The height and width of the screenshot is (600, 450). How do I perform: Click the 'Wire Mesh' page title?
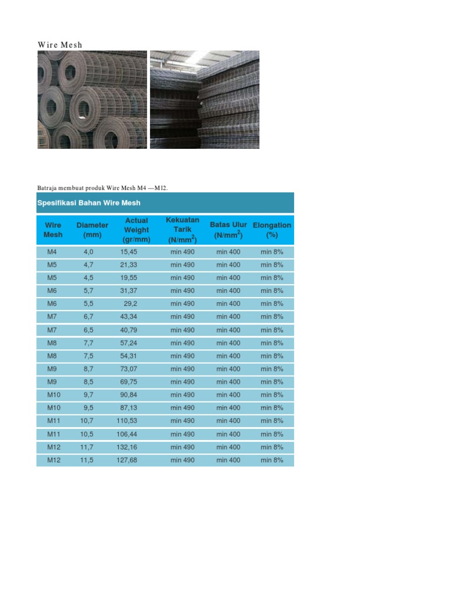(60, 45)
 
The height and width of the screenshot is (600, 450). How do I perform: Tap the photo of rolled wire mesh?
(92, 99)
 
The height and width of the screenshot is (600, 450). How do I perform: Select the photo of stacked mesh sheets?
(204, 99)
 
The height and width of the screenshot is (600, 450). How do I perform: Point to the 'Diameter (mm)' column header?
(92, 230)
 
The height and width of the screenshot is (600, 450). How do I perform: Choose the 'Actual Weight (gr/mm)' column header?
(137, 230)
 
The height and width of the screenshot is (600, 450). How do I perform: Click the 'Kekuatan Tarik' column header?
(182, 230)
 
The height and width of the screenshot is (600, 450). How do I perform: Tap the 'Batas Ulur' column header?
(229, 230)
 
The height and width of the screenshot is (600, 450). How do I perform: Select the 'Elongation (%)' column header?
(272, 230)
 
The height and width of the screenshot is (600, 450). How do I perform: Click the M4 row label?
(52, 252)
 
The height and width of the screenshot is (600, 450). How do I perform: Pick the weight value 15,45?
(128, 252)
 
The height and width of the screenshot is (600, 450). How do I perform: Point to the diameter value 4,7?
(88, 265)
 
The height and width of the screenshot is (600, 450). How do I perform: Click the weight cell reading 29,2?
(130, 304)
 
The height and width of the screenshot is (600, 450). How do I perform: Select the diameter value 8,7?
(88, 369)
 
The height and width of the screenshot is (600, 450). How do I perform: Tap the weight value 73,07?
(128, 369)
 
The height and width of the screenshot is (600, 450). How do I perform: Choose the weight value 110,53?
(127, 421)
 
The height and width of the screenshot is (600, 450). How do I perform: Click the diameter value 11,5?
(87, 460)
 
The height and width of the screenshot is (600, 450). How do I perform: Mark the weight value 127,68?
(127, 460)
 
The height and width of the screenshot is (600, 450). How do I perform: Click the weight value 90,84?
(128, 395)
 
